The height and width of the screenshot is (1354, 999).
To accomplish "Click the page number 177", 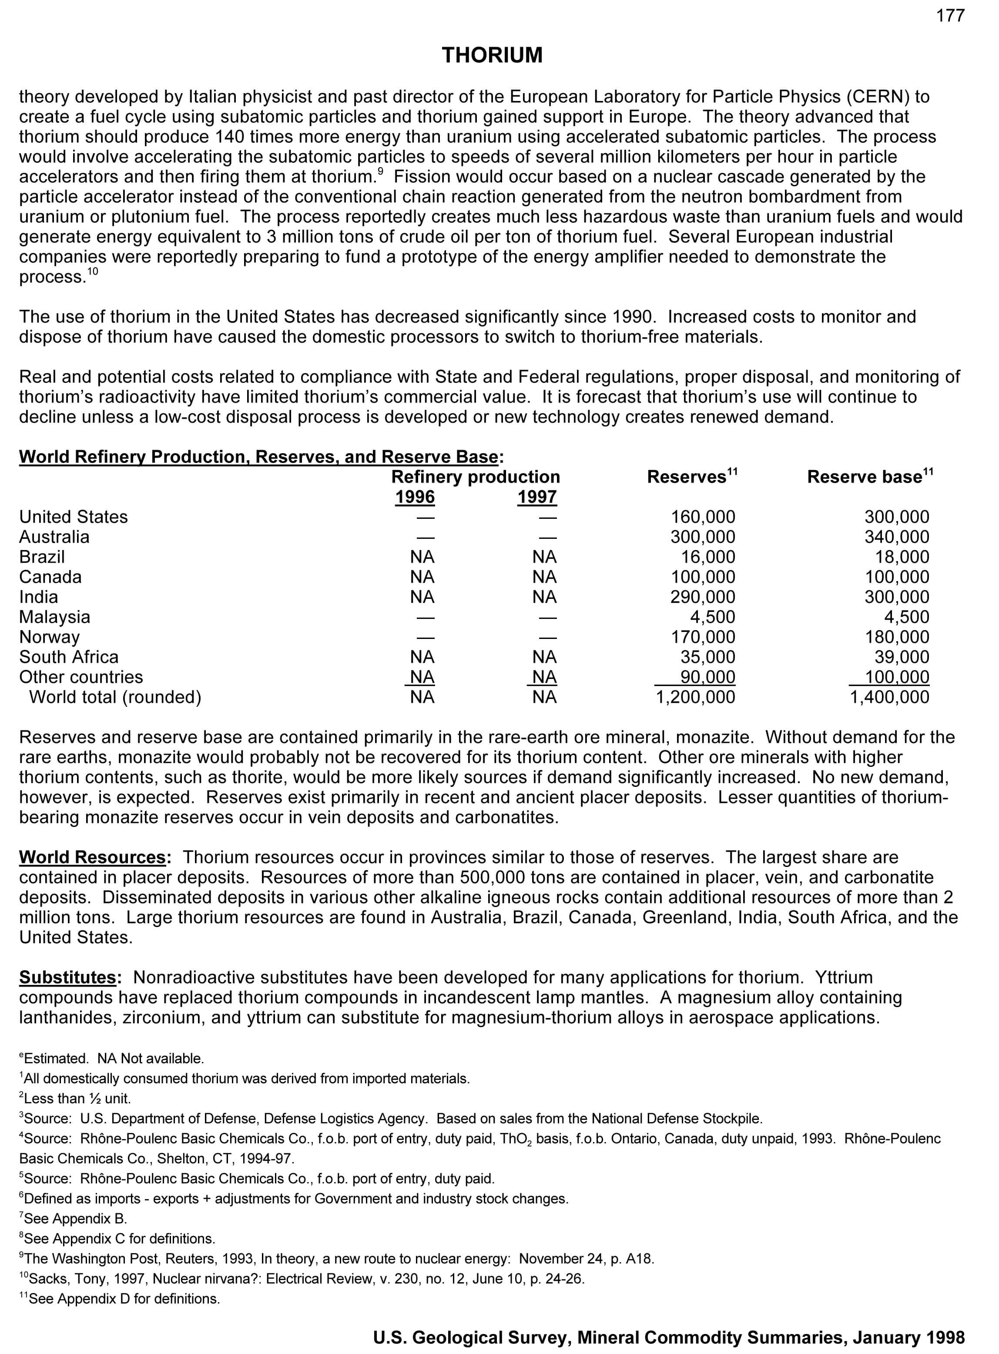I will (951, 16).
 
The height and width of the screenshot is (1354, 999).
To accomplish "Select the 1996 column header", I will (415, 497).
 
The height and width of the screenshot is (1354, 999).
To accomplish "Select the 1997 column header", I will (537, 497).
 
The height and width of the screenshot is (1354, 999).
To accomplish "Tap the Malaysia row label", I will (54, 617).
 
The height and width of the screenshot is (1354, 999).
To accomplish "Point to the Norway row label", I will (50, 637).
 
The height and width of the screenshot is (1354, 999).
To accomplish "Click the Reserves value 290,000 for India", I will (703, 597).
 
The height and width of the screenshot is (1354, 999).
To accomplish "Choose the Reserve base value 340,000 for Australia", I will (897, 537).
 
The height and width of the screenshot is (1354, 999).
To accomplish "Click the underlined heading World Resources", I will (92, 857).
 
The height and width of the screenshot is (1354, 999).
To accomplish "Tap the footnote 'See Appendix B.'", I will (74, 1219).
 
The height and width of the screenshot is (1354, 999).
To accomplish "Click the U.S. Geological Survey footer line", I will (668, 1337).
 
